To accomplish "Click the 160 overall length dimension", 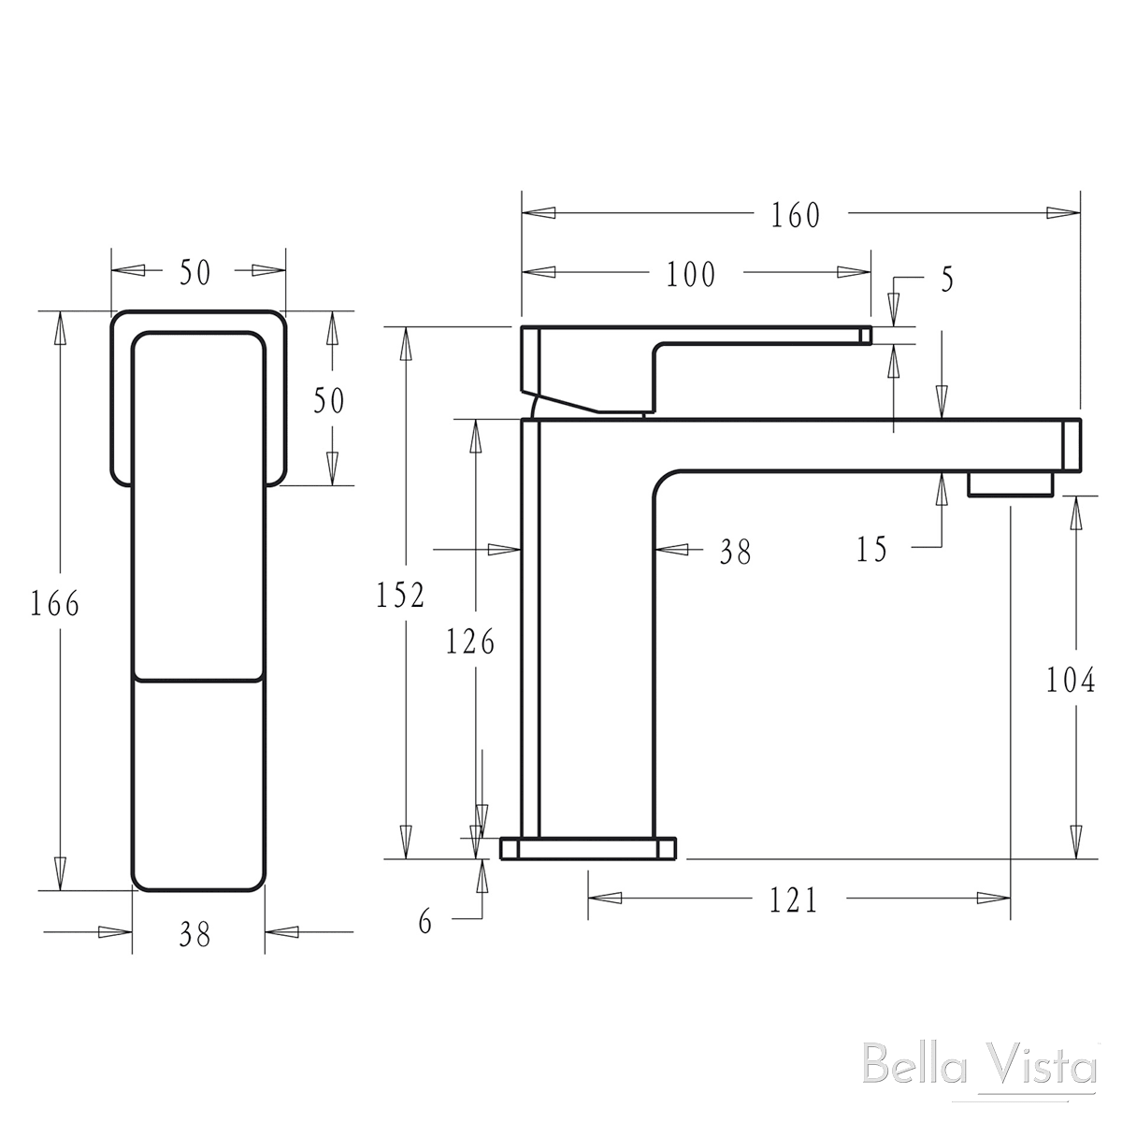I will point(796,215).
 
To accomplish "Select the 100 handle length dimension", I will point(691,275).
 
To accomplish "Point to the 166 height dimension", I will point(54,605).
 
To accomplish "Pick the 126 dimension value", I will point(469,642).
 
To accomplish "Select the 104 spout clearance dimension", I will point(1070,682).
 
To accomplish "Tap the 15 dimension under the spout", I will point(871,550).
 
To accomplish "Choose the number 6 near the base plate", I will point(425,923).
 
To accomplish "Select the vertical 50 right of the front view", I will point(328,401).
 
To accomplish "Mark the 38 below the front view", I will point(195,933).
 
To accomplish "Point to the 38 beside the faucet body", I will point(735,553).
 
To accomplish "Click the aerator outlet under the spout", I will point(1010,484).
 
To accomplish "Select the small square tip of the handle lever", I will point(866,335).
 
